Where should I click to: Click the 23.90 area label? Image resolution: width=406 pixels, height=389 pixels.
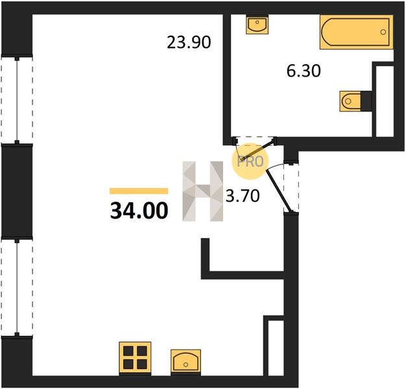pos(189,42)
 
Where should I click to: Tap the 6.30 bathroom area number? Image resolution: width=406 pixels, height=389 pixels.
pos(304,71)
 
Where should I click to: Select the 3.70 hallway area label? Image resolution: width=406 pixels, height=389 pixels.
pos(243,196)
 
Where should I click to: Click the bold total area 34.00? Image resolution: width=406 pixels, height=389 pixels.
pos(139,211)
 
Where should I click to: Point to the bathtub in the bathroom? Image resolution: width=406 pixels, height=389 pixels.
pos(356,32)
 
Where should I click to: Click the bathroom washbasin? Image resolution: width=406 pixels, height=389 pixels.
pos(257,25)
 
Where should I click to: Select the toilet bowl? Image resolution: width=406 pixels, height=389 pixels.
pos(351,101)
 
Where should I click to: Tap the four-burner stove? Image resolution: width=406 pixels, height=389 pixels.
pos(135,357)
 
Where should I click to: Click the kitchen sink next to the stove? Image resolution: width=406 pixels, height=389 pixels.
pos(185,360)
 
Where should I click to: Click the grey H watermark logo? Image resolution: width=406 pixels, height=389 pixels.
pos(203,191)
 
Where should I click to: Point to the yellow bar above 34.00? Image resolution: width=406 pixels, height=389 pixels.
pos(139,191)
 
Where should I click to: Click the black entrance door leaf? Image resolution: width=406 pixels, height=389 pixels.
pos(280,191)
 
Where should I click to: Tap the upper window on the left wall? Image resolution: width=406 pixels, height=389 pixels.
pos(17,100)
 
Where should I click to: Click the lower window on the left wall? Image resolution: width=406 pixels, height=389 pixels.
pos(17,287)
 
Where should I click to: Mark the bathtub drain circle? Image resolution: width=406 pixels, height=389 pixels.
pos(383,32)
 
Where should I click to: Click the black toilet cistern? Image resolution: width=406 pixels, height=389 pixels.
pos(366,101)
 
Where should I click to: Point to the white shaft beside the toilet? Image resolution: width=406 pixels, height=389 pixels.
pos(385,101)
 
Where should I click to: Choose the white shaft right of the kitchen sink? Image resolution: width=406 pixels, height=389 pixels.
pos(276,348)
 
